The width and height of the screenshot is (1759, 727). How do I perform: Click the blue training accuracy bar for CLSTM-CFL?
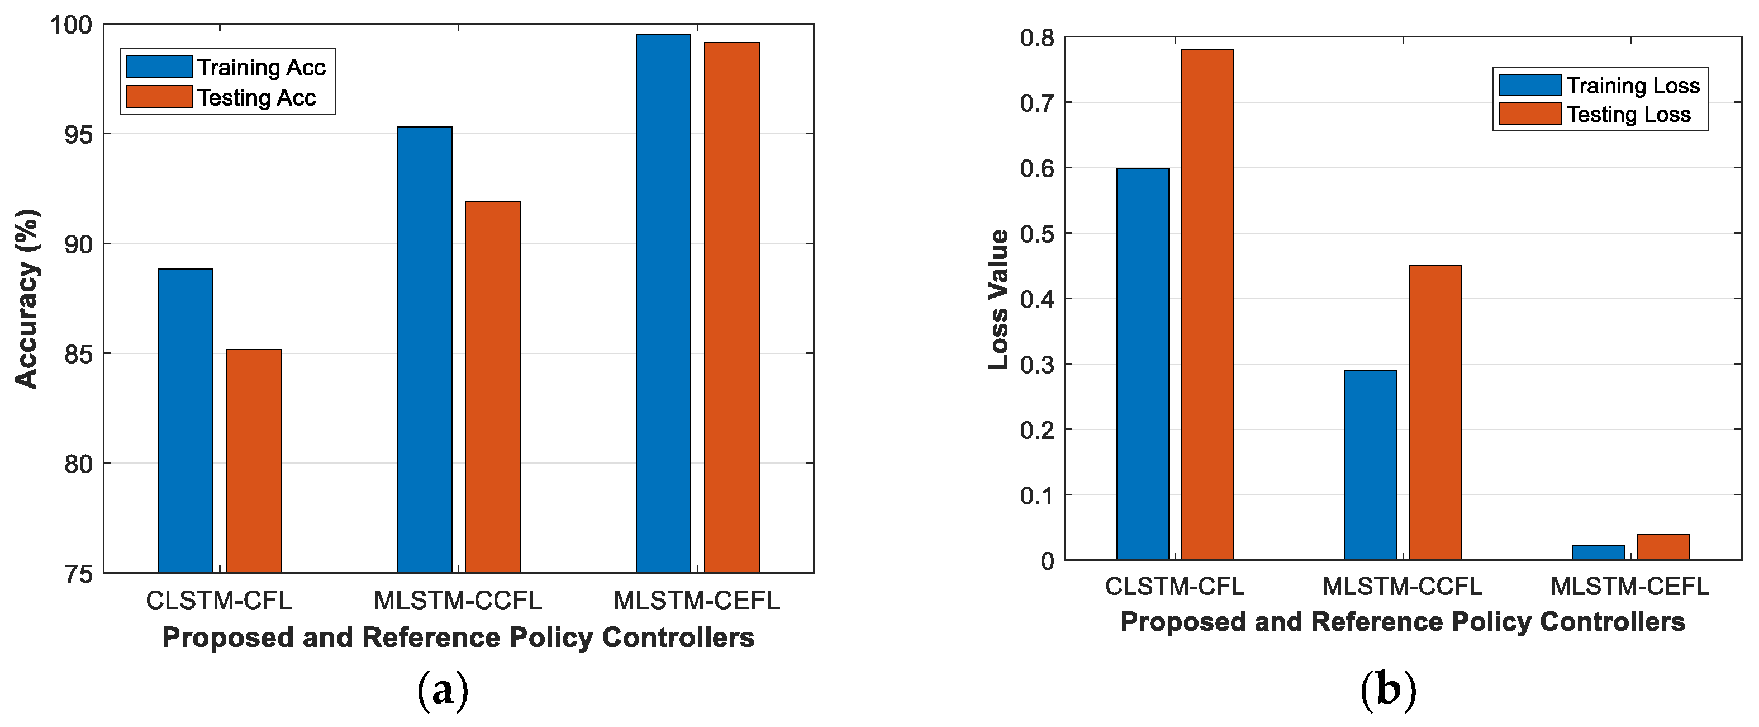[x=185, y=420]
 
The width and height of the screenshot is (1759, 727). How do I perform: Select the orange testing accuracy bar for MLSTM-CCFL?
[x=492, y=387]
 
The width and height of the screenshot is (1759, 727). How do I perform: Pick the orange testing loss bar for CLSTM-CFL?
[x=1207, y=304]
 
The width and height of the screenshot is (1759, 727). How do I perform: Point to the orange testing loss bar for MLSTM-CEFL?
[x=1663, y=546]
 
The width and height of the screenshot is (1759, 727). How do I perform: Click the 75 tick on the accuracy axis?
[x=78, y=574]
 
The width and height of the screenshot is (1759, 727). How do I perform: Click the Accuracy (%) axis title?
[x=27, y=299]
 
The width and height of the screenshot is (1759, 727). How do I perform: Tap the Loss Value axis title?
[x=999, y=299]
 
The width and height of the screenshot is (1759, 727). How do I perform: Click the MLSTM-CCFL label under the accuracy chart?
[x=458, y=600]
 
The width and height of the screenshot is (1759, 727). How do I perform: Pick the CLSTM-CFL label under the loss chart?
[x=1175, y=586]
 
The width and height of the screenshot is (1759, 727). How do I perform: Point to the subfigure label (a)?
[x=443, y=690]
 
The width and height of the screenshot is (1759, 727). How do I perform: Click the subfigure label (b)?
[x=1387, y=690]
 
